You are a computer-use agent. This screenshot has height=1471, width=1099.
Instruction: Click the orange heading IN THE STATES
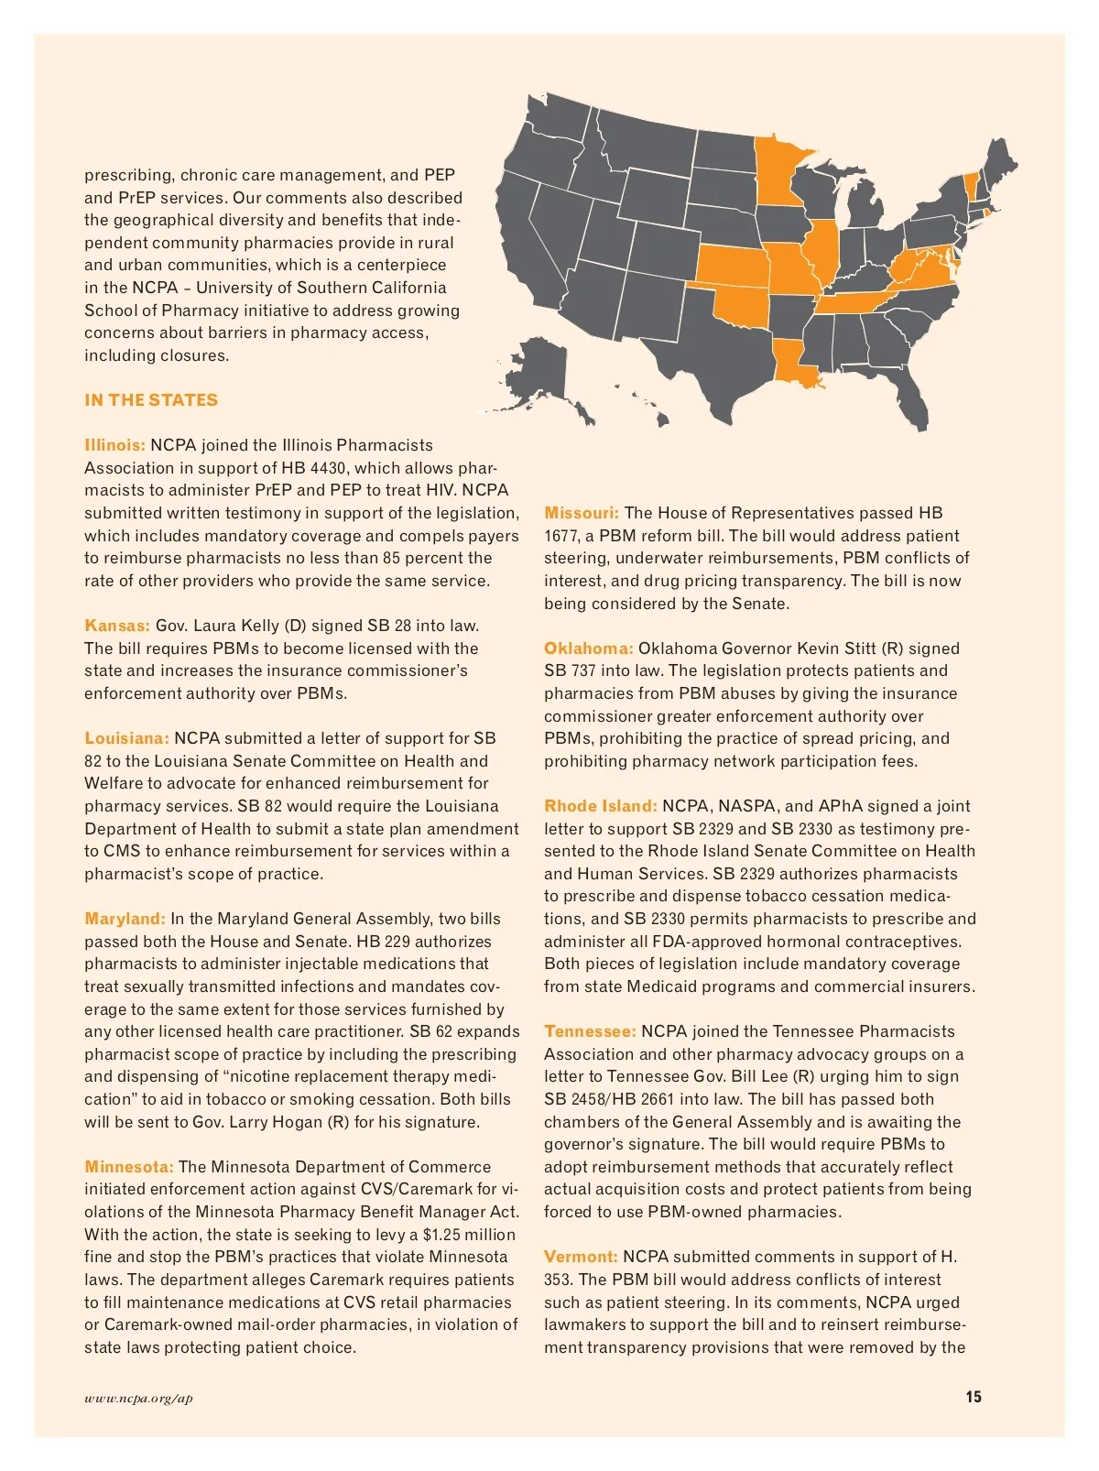(x=151, y=400)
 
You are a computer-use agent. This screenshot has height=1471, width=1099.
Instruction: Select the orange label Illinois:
(x=114, y=445)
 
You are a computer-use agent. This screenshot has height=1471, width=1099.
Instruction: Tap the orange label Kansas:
(x=117, y=626)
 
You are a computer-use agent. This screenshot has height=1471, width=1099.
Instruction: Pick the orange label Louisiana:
(x=126, y=738)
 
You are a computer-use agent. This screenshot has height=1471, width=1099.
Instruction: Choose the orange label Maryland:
(x=125, y=919)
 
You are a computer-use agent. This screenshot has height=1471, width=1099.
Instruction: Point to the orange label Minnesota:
(x=128, y=1167)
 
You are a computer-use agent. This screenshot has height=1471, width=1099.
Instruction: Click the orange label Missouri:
(x=582, y=513)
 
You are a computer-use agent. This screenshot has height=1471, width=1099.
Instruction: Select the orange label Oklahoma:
(x=588, y=648)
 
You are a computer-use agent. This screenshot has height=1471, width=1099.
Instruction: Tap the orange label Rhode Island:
(x=600, y=806)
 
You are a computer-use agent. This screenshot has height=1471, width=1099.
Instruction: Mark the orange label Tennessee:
(x=590, y=1031)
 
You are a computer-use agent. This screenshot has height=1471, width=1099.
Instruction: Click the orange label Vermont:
(x=581, y=1257)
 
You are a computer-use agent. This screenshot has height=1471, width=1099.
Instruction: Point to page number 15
(x=973, y=1397)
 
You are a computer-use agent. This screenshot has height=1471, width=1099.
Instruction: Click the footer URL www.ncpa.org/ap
(x=138, y=1398)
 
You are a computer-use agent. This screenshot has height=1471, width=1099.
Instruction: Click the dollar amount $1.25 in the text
(x=442, y=1235)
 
